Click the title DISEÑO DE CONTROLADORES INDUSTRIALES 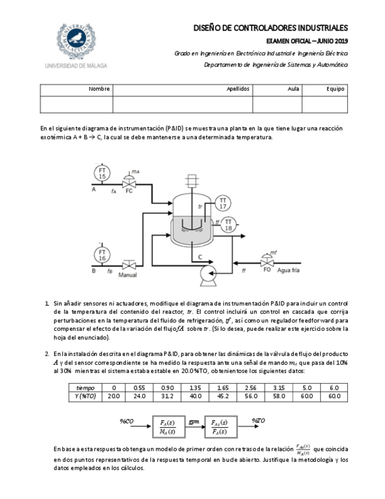pyautogui.click(x=271, y=28)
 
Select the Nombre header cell pyautogui.click(x=99, y=89)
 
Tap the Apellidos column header pyautogui.click(x=239, y=89)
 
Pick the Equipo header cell pyautogui.click(x=335, y=89)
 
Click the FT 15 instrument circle pyautogui.click(x=102, y=173)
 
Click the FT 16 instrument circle pyautogui.click(x=102, y=255)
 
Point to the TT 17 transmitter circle pyautogui.click(x=223, y=204)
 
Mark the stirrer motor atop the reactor pyautogui.click(x=190, y=179)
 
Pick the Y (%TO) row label pyautogui.click(x=86, y=397)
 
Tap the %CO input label pyautogui.click(x=127, y=421)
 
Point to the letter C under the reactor pyautogui.click(x=200, y=257)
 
